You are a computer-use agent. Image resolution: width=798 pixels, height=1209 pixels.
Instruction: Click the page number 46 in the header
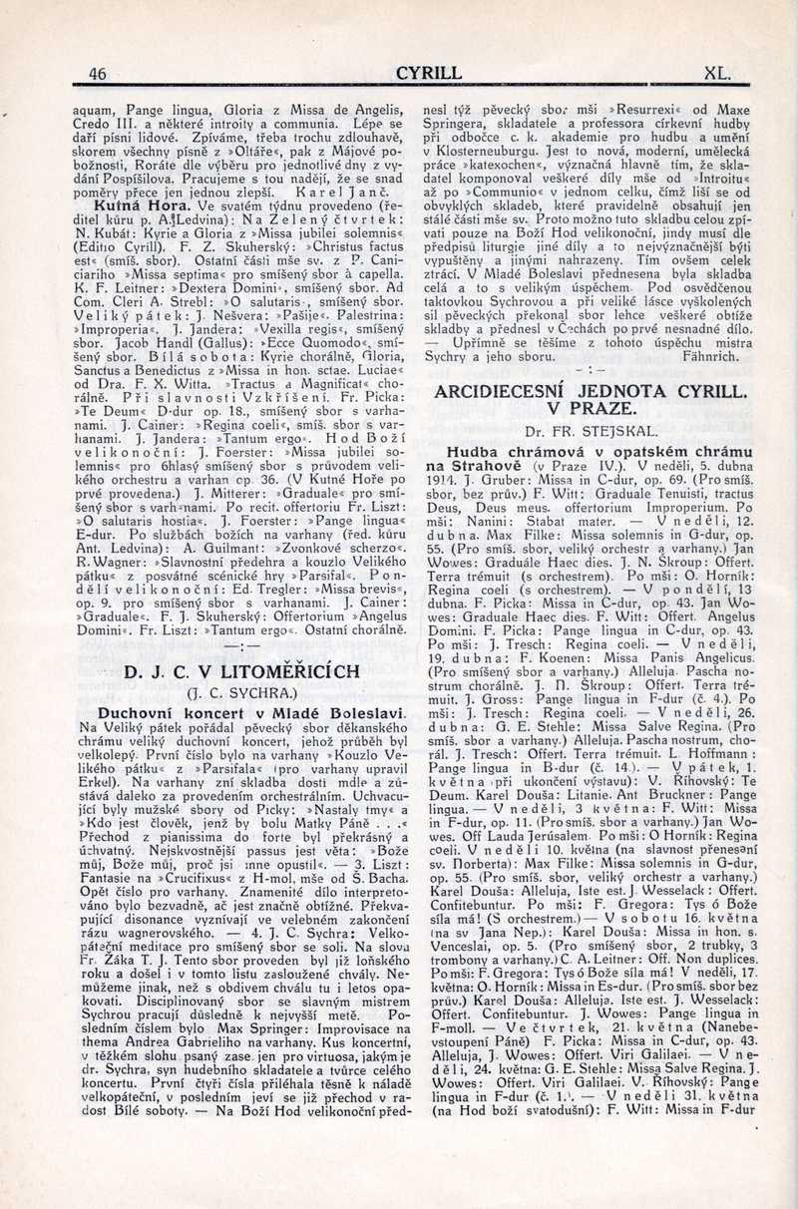pyautogui.click(x=97, y=73)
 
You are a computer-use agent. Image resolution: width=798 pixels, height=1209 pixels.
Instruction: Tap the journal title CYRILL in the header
pyautogui.click(x=429, y=73)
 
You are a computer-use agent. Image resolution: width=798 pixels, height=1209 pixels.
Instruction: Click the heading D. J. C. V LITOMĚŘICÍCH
pyautogui.click(x=229, y=673)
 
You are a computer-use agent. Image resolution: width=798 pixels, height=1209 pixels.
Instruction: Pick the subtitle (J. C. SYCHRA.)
pyautogui.click(x=228, y=694)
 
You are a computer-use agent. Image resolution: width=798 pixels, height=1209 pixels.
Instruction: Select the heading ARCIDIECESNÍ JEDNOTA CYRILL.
pyautogui.click(x=592, y=391)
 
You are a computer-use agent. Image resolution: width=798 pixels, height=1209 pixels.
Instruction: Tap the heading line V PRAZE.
pyautogui.click(x=591, y=409)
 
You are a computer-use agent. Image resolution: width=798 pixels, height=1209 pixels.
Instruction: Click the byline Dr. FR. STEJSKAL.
pyautogui.click(x=590, y=431)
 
